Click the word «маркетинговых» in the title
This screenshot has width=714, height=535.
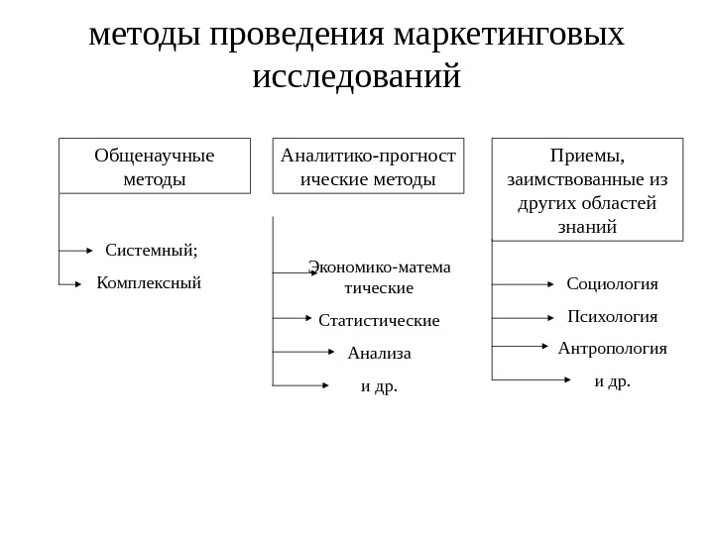coord(509,35)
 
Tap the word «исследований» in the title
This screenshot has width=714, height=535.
coord(357,76)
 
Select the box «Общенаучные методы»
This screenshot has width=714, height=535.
coord(154,165)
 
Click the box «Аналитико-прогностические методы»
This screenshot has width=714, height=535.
coord(368,165)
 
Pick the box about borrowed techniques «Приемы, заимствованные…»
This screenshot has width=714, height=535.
coord(587,189)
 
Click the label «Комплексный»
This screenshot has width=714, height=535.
coord(149,283)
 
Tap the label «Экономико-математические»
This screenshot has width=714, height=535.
coord(379,277)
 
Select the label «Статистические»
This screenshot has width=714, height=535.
coord(379,320)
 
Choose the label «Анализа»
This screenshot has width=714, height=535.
coord(379,353)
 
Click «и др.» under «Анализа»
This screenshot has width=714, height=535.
coord(379,385)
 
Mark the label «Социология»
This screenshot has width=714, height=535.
coord(612,284)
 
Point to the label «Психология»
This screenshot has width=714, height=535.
coord(612,317)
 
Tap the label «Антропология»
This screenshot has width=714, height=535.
coord(612,349)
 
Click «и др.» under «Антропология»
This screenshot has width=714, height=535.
coord(612,380)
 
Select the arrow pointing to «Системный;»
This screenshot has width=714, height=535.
coord(76,251)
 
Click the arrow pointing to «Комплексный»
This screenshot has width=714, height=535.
coord(69,285)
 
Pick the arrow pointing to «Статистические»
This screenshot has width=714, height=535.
coord(293,318)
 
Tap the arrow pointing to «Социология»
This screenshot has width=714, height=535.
coord(524,284)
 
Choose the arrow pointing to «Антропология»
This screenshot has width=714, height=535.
coord(521,346)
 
